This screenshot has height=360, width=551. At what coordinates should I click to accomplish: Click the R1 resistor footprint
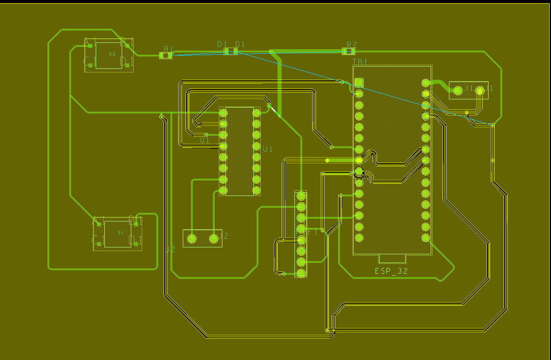166,56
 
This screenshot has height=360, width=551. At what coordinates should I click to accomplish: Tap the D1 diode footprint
231,51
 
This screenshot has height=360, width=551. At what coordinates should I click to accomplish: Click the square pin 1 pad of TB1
359,82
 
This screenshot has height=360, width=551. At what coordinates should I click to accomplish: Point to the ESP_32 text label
391,271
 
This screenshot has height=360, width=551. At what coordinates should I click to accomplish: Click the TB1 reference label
360,62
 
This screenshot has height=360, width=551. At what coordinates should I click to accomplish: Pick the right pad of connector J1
479,91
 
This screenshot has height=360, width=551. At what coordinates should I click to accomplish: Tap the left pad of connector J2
192,238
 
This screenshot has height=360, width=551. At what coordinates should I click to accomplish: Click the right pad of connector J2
214,238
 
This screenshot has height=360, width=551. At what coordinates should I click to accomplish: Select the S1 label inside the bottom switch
121,233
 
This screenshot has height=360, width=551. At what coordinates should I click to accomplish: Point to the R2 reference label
351,45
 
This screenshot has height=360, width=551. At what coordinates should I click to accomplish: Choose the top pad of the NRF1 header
301,196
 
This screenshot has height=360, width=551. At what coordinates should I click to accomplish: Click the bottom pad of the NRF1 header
301,273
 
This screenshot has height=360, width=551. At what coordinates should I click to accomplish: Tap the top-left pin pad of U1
223,113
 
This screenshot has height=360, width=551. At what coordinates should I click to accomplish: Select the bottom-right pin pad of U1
257,190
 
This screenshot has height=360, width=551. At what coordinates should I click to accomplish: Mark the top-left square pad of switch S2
90,46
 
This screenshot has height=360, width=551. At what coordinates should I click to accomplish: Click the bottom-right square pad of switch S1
136,243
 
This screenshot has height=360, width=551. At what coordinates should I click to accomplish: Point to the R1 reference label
169,49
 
